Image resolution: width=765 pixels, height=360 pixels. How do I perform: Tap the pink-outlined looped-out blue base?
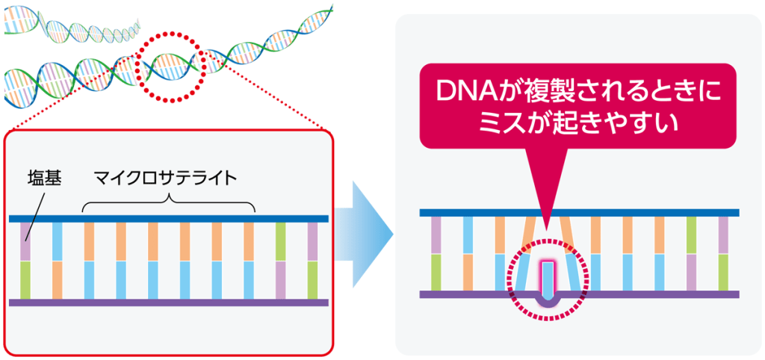548,279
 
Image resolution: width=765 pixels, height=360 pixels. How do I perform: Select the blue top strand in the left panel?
169,219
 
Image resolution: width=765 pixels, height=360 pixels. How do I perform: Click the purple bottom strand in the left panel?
169,302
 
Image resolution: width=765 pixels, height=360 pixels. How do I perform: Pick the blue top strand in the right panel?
579,213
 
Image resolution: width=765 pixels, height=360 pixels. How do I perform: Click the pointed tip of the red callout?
547,229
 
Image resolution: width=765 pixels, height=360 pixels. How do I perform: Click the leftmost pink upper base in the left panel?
25,241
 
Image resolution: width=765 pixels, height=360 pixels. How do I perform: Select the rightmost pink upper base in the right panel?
723,235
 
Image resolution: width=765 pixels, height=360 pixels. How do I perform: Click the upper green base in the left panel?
281,241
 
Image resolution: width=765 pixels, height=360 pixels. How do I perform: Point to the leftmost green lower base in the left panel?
25,280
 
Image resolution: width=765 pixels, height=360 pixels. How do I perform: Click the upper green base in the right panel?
691,235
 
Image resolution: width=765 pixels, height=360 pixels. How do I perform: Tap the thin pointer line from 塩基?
36,214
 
